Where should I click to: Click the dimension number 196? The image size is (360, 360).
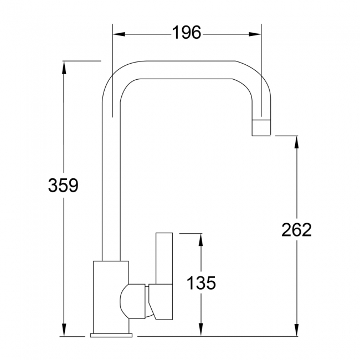[x=186, y=33]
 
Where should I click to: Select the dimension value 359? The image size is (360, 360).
[x=63, y=186]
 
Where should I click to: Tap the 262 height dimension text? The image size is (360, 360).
[x=296, y=229]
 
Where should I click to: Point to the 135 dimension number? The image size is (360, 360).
[x=200, y=283]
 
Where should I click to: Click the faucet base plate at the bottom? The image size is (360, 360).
[x=112, y=335]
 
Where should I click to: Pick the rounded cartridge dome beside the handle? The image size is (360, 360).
[x=133, y=302]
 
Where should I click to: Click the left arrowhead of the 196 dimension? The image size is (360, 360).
[x=117, y=34]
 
